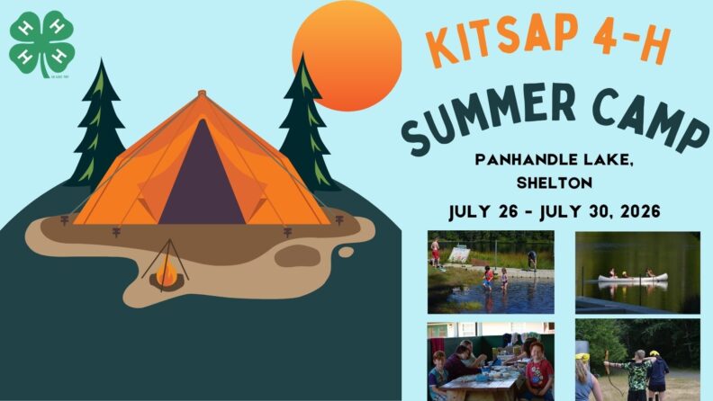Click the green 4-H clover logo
(41, 43)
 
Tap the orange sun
(347, 56)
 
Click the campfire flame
(165, 271)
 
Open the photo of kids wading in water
(491, 272)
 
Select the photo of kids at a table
(491, 361)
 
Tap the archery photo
(637, 360)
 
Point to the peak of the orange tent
(200, 93)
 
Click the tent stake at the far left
(64, 219)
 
